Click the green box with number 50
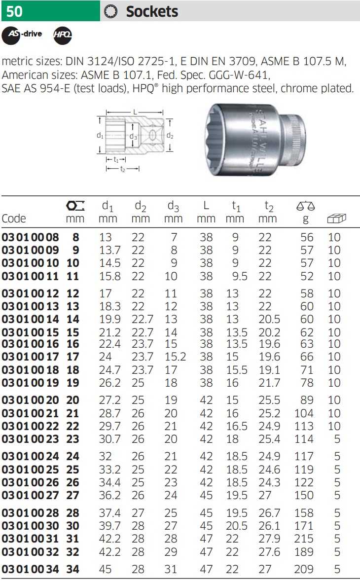pyautogui.click(x=50, y=11)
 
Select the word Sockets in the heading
pyautogui.click(x=152, y=11)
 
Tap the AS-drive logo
pyautogui.click(x=22, y=35)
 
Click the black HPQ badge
pyautogui.click(x=63, y=35)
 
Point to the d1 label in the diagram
pyautogui.click(x=100, y=136)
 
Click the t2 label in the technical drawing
pyautogui.click(x=123, y=169)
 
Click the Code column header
pyautogui.click(x=14, y=218)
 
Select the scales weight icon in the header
pyautogui.click(x=306, y=206)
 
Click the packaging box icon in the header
pyautogui.click(x=336, y=218)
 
